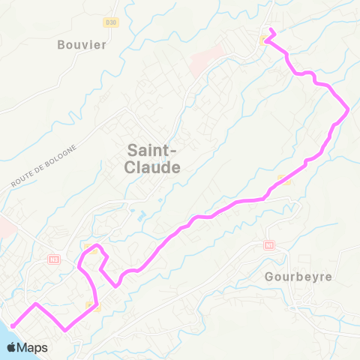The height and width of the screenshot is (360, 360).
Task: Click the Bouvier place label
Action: [82, 44]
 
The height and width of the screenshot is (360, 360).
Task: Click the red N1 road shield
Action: [270, 245]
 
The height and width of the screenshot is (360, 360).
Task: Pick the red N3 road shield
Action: [52, 259]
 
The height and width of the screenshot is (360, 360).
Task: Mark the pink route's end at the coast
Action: [12, 325]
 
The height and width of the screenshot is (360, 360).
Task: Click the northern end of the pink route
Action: [271, 31]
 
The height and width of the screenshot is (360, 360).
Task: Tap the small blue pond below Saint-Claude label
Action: [142, 216]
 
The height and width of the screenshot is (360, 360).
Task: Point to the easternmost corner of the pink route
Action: [348, 111]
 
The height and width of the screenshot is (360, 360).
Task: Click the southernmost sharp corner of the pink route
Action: [67, 329]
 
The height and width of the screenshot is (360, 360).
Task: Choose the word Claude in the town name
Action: [154, 168]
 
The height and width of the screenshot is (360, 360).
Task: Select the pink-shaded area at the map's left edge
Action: [4, 225]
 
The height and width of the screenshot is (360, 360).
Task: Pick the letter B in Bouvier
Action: [61, 44]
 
